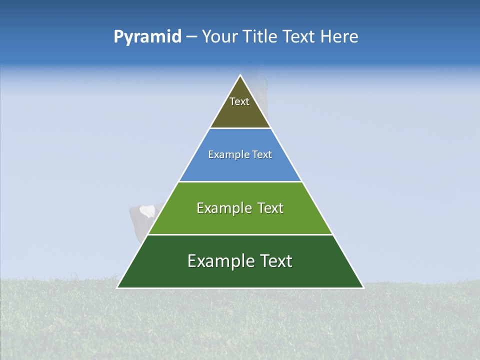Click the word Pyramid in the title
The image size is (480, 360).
[x=147, y=37]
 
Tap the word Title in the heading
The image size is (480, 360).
[x=262, y=36]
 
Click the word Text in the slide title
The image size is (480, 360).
[x=300, y=36]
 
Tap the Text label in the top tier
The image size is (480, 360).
[x=239, y=101]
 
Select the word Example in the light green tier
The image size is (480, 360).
[x=222, y=208]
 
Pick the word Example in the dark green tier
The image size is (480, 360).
[x=217, y=261]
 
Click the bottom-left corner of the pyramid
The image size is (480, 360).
[x=117, y=287]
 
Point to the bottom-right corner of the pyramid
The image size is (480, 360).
[x=363, y=287]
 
